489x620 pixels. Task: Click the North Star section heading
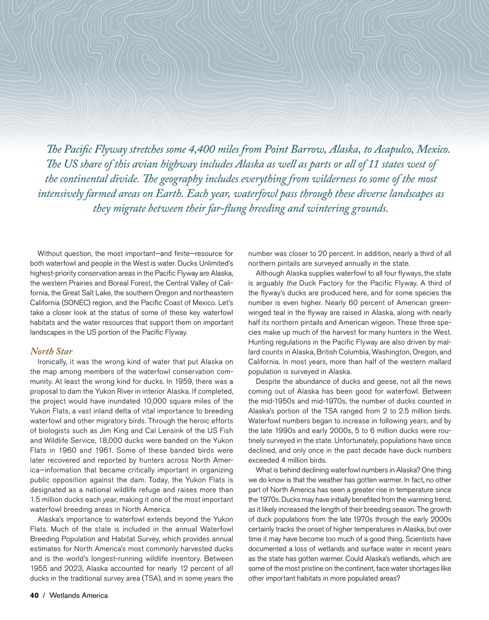[x=51, y=352]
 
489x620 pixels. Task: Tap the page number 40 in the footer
[x=34, y=596]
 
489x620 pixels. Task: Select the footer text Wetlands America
[x=79, y=596]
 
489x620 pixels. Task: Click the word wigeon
[x=413, y=323]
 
